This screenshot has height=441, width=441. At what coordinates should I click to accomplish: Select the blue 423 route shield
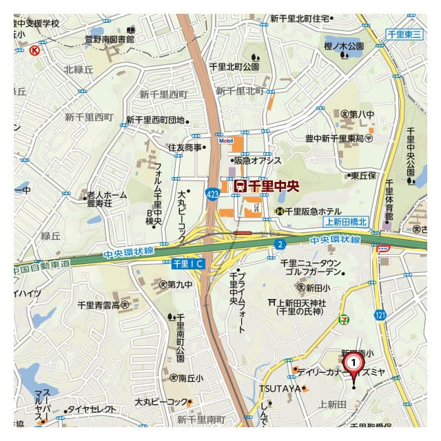tap(213, 195)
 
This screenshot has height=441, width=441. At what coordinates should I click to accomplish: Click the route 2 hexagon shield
tap(280, 244)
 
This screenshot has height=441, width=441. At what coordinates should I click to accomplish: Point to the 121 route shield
tap(380, 314)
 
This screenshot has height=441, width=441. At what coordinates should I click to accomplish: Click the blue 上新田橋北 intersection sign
tap(347, 221)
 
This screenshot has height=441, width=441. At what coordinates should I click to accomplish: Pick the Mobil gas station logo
tap(227, 141)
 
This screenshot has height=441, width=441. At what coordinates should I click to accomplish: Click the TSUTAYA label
tap(280, 389)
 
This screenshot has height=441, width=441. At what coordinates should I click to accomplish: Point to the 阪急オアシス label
tap(258, 161)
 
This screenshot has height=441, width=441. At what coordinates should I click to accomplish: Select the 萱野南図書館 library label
tap(110, 39)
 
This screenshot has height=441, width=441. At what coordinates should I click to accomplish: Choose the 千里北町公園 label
tap(234, 67)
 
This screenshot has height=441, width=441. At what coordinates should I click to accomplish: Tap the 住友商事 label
tap(185, 147)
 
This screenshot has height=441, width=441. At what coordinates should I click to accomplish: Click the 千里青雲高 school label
tap(103, 304)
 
